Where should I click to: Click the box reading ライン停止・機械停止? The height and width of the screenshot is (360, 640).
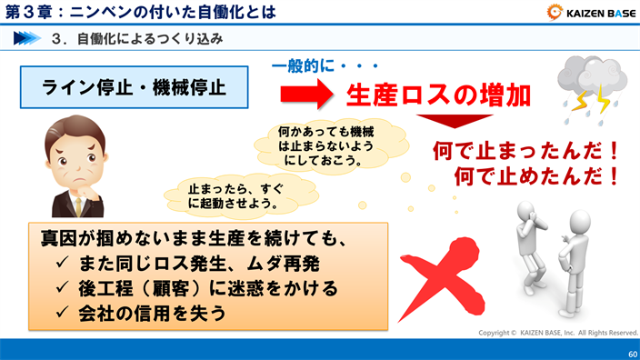pyautogui.click(x=135, y=87)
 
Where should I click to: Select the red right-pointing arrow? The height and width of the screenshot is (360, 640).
pyautogui.click(x=308, y=94)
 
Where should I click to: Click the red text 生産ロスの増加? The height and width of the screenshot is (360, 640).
pyautogui.click(x=435, y=95)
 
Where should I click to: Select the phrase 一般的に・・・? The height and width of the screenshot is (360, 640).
pyautogui.click(x=325, y=65)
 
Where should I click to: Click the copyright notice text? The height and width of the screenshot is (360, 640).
pyautogui.click(x=558, y=333)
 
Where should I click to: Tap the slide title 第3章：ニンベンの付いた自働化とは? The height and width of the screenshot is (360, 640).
pyautogui.click(x=141, y=12)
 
